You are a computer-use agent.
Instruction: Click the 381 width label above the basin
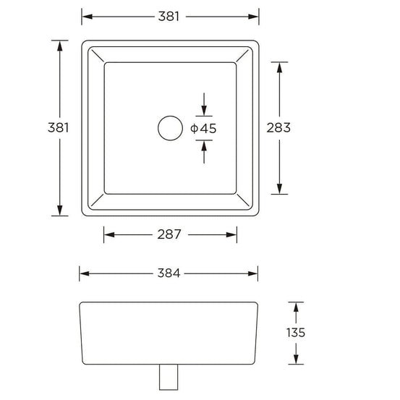tap(169, 16)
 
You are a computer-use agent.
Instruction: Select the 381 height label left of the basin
tap(59, 127)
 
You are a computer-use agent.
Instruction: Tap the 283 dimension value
tap(278, 128)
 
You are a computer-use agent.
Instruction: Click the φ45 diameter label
tap(203, 128)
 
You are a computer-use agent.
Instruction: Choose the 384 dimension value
tap(168, 273)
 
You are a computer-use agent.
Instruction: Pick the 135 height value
tap(296, 333)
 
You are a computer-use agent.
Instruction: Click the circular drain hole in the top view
tap(171, 128)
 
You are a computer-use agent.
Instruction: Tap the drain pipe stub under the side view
tap(169, 375)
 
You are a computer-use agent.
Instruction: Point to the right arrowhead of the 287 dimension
tap(232, 234)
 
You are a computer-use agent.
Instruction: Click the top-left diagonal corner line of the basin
tap(96, 55)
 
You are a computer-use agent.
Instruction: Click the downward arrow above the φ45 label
tap(204, 110)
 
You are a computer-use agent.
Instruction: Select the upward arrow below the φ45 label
tap(204, 145)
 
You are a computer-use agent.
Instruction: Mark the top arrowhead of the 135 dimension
tap(296, 307)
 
